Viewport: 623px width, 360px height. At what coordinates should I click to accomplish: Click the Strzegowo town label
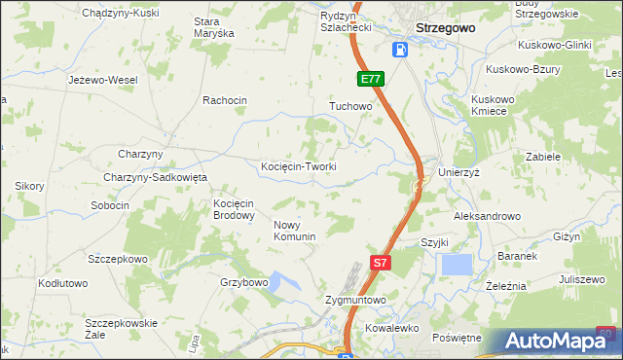coord(445,28)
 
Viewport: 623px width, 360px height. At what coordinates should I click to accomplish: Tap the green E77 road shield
coord(370,79)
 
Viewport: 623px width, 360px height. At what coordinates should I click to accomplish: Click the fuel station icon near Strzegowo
coord(400,50)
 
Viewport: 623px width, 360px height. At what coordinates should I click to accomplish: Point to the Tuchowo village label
coord(351,105)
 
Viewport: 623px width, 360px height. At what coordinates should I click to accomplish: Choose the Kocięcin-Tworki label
coord(299,166)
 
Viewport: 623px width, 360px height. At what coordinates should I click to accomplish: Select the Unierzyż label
coord(460,171)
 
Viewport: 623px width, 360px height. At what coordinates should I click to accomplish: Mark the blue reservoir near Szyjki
coord(456,265)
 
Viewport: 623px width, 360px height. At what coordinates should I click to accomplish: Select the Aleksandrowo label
coord(487,216)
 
